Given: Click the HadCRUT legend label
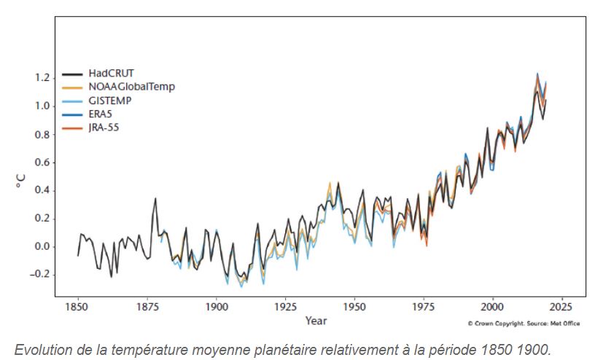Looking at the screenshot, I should pyautogui.click(x=112, y=74).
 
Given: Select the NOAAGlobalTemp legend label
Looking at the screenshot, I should pyautogui.click(x=132, y=87).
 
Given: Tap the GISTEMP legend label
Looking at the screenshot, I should pyautogui.click(x=110, y=100).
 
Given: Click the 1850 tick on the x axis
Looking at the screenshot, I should pyautogui.click(x=77, y=307).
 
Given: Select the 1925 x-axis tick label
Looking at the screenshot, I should pyautogui.click(x=285, y=307).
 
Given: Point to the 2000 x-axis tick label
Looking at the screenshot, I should pyautogui.click(x=493, y=307).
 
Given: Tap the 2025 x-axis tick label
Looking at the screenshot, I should pyautogui.click(x=562, y=307).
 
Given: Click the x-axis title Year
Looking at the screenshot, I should pyautogui.click(x=316, y=321).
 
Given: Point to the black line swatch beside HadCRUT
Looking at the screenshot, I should pyautogui.click(x=72, y=74).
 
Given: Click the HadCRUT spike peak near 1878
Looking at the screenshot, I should pyautogui.click(x=155, y=198).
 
